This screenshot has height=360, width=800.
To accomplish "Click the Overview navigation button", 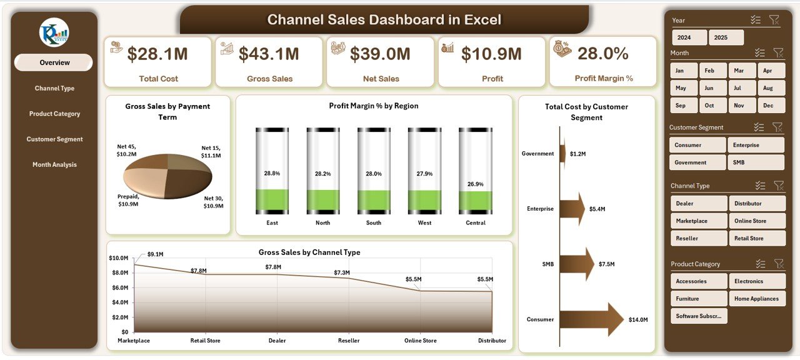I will pyautogui.click(x=54, y=62).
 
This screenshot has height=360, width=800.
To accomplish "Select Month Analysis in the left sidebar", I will pyautogui.click(x=54, y=165).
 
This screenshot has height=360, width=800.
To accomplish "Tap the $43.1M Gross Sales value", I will pyautogui.click(x=269, y=54).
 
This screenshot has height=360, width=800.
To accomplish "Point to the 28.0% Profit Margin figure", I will pyautogui.click(x=602, y=54).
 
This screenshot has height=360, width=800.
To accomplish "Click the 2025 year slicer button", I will pyautogui.click(x=726, y=37).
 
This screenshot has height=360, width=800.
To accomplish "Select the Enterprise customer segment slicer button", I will pyautogui.click(x=755, y=145).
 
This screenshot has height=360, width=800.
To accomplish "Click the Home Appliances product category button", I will pyautogui.click(x=756, y=299).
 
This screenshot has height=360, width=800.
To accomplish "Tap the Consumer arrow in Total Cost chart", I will pyautogui.click(x=591, y=319).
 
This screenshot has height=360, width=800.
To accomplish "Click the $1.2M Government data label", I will pyautogui.click(x=578, y=154).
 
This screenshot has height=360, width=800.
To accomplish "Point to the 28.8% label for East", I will pyautogui.click(x=272, y=173).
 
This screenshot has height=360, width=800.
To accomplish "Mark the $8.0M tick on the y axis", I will pyautogui.click(x=119, y=272).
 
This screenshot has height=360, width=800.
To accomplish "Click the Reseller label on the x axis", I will pyautogui.click(x=349, y=341).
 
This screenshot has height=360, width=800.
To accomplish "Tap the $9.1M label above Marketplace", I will pyautogui.click(x=155, y=254).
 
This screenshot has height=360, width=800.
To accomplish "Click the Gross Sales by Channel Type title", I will pyautogui.click(x=309, y=252).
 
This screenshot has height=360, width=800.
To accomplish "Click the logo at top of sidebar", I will pyautogui.click(x=54, y=32).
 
